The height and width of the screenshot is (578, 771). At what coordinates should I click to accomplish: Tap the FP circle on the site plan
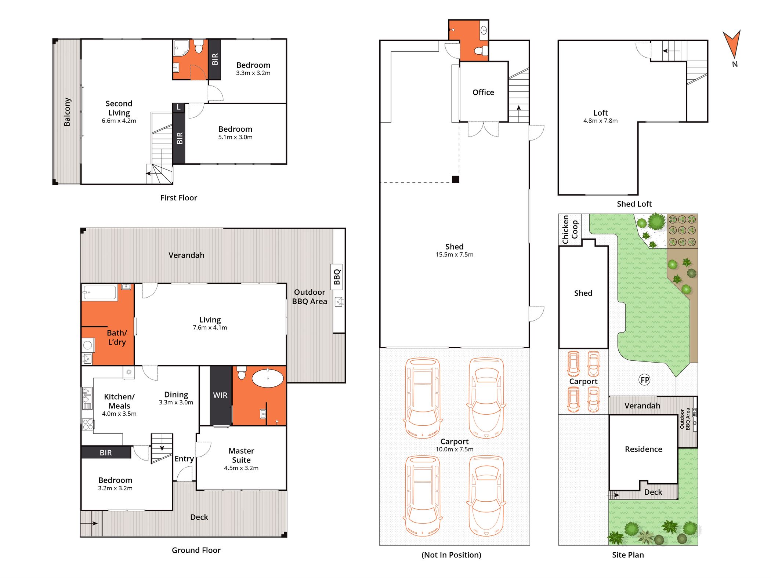coord(644,380)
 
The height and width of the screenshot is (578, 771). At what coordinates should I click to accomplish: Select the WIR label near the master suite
coord(220,395)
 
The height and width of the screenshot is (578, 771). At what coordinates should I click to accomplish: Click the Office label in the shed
coord(483,92)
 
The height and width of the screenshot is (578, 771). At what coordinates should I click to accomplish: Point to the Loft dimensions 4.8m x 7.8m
coord(600,121)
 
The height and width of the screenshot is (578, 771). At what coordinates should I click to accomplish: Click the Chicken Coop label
coord(570,229)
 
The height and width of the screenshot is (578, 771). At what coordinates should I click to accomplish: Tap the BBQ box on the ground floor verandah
coord(337,277)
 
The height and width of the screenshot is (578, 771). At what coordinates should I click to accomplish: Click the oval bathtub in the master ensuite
coord(268,378)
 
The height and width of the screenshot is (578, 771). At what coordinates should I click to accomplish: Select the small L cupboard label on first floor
coord(178,107)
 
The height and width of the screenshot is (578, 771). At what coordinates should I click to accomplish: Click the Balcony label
coord(67,112)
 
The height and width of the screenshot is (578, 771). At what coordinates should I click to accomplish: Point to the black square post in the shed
coord(455,179)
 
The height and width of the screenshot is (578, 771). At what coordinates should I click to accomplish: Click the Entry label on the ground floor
coord(184,459)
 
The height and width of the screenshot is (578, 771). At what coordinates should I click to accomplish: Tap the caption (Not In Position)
coord(451,555)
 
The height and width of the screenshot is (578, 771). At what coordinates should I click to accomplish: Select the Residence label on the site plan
coord(643,449)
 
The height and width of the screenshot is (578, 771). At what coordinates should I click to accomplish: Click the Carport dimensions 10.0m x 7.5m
coord(455,449)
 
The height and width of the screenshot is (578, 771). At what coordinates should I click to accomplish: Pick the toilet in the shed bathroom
coord(481,51)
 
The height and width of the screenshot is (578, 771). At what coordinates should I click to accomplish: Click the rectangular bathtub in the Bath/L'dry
coord(99,293)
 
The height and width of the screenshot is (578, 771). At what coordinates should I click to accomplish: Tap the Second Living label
coord(119,108)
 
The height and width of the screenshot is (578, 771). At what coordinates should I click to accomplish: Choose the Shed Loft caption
coord(634,204)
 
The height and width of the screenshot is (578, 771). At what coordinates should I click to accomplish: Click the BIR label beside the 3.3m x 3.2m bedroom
coord(215,59)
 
